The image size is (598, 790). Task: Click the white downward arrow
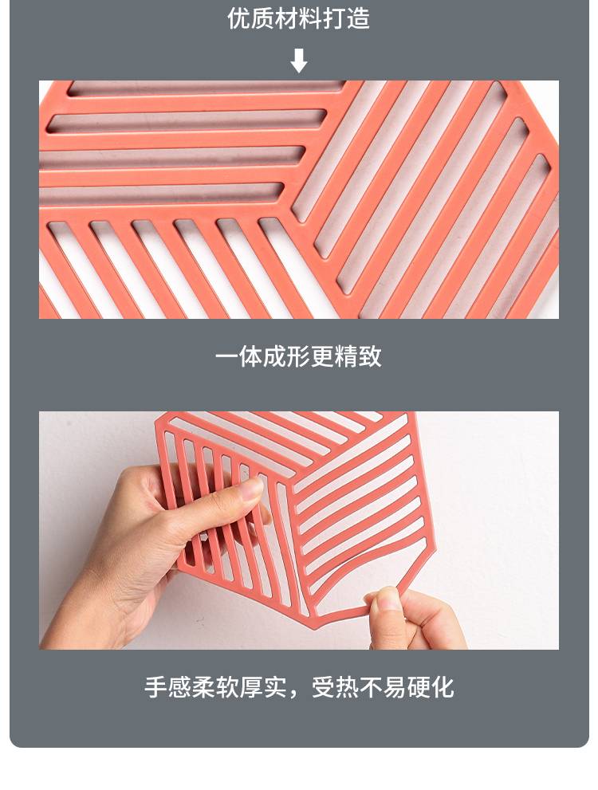tap(299, 61)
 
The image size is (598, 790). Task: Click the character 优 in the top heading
tap(239, 18)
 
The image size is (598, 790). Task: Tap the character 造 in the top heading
tap(358, 18)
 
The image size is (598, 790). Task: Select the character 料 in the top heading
tap(311, 18)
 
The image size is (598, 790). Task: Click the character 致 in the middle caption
tap(370, 356)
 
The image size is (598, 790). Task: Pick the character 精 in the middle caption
tap(346, 356)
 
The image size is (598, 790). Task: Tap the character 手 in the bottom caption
tap(155, 687)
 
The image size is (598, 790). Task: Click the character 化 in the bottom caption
tap(442, 687)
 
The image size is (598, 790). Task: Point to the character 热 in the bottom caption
tap(347, 687)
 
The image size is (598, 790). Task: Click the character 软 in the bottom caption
tap(227, 687)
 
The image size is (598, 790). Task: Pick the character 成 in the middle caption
tap(274, 356)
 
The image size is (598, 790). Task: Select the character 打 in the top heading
tap(335, 18)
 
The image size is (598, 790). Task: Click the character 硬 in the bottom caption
tap(418, 687)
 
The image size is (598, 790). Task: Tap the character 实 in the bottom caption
tap(275, 687)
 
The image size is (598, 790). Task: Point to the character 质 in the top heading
tap(263, 18)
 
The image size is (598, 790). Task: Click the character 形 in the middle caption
tap(298, 356)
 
